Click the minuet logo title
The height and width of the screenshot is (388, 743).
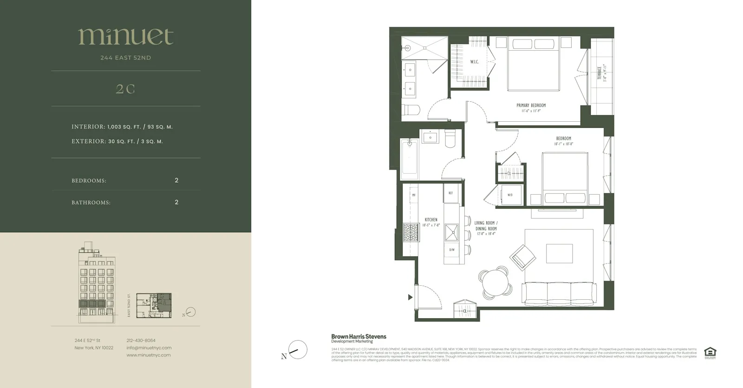click(x=125, y=37)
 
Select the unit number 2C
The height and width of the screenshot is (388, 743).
click(x=125, y=89)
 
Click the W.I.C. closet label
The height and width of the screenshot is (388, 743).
click(x=474, y=62)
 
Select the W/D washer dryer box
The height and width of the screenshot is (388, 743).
click(x=510, y=195)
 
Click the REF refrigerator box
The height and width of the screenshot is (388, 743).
click(x=450, y=193)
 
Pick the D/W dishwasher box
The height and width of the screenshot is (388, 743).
click(x=452, y=250)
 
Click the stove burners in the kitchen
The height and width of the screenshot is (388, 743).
click(x=411, y=232)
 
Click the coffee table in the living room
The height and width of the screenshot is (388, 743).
click(x=559, y=253)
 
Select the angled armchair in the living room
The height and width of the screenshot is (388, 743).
click(x=523, y=256)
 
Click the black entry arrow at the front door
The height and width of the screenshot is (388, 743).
click(x=410, y=297)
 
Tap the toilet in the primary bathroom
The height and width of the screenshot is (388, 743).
click(x=411, y=110)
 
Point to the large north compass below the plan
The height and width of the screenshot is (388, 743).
click(x=297, y=350)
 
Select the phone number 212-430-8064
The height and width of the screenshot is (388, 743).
click(x=141, y=341)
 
